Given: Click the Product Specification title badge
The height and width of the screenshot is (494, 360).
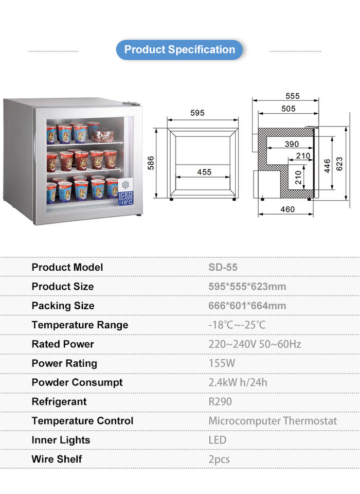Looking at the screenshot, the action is point(179,50).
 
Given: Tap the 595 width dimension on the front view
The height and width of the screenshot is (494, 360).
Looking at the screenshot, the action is point(197,113).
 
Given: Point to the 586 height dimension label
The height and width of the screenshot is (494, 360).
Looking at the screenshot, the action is point(151,163).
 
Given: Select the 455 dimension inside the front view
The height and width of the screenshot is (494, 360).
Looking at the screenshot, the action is point(204,172).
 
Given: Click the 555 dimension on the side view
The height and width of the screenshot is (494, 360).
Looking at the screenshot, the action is point(292,96).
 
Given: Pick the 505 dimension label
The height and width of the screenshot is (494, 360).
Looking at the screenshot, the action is point(288,108).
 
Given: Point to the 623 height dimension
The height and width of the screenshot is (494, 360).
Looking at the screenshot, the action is point(339,163).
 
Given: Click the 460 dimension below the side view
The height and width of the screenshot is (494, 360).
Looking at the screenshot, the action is point(287,209).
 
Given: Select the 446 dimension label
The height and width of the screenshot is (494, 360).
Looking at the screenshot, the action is point(327,166).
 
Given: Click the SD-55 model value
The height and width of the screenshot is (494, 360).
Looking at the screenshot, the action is point(223,267).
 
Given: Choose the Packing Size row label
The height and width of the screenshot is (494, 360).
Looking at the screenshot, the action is point(63,306).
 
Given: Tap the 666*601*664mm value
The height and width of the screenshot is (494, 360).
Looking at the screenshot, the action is point(247,306).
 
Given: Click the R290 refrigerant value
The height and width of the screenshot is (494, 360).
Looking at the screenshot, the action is point(220,401).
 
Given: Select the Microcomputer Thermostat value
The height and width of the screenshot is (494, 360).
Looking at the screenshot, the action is point(273,421).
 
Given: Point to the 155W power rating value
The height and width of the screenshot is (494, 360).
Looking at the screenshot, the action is point(222,363).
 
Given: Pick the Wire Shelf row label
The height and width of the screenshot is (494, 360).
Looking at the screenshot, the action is point(57,459).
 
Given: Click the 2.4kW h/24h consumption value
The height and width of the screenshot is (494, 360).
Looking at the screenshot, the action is point(238,382).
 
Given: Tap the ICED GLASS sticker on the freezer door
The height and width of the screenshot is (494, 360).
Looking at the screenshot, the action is point(125,191).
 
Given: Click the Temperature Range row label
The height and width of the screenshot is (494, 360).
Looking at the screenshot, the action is point(80,325).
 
